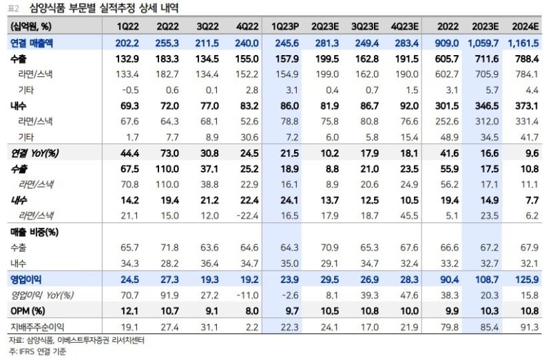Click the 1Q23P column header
click(x=284, y=26)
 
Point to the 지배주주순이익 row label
click(x=38, y=326)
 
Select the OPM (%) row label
click(x=29, y=310)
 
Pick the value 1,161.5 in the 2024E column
click(x=526, y=43)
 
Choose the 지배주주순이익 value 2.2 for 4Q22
click(x=249, y=326)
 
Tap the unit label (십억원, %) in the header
click(x=31, y=26)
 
